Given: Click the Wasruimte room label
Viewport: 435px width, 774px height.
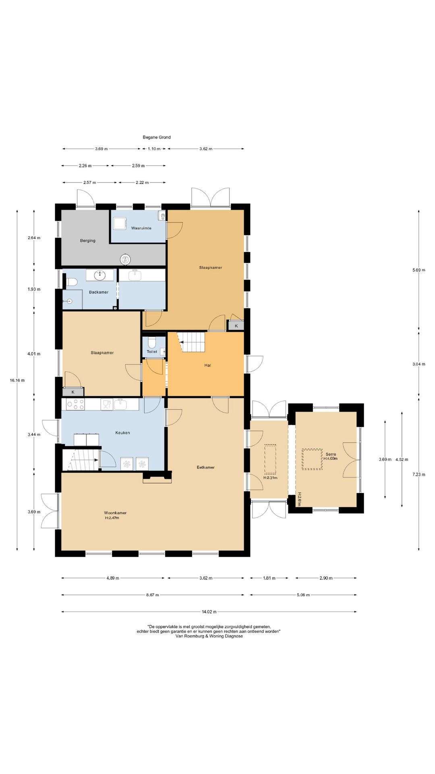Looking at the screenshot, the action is pos(141,228).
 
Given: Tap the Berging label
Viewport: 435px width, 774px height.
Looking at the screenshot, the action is pos(88,241).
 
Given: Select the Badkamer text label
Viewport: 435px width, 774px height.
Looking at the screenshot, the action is pos(99,292).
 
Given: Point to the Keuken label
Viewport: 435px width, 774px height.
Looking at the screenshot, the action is pos(122,433).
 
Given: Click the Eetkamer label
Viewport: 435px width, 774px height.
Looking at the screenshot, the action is pos(205,467).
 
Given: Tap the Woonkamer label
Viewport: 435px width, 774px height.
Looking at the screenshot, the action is pos(115,513).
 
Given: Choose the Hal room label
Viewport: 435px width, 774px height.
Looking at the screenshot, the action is pos(208,365).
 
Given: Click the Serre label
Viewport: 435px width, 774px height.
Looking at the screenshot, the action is pos(331,454).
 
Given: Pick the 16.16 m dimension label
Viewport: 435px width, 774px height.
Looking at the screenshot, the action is pos(17,380).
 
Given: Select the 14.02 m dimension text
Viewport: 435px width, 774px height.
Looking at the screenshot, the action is pos(209,612).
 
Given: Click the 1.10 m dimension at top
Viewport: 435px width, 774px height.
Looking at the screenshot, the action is pos(154,149).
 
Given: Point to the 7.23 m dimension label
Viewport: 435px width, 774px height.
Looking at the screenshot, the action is pos(419,474).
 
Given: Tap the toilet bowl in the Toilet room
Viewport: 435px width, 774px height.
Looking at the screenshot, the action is pos(152,342).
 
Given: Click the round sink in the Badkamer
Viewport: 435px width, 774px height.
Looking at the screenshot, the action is pos(100,275).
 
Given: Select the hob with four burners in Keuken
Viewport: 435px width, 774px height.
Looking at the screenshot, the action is pos(75,404).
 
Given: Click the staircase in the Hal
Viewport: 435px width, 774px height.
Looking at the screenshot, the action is pos(192,342).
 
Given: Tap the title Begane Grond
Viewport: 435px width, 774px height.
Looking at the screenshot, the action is pos(157,137).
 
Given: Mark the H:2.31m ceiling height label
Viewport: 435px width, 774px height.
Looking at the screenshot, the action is pos(270,478).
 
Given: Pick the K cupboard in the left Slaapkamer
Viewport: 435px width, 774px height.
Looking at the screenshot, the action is pos(73,392).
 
